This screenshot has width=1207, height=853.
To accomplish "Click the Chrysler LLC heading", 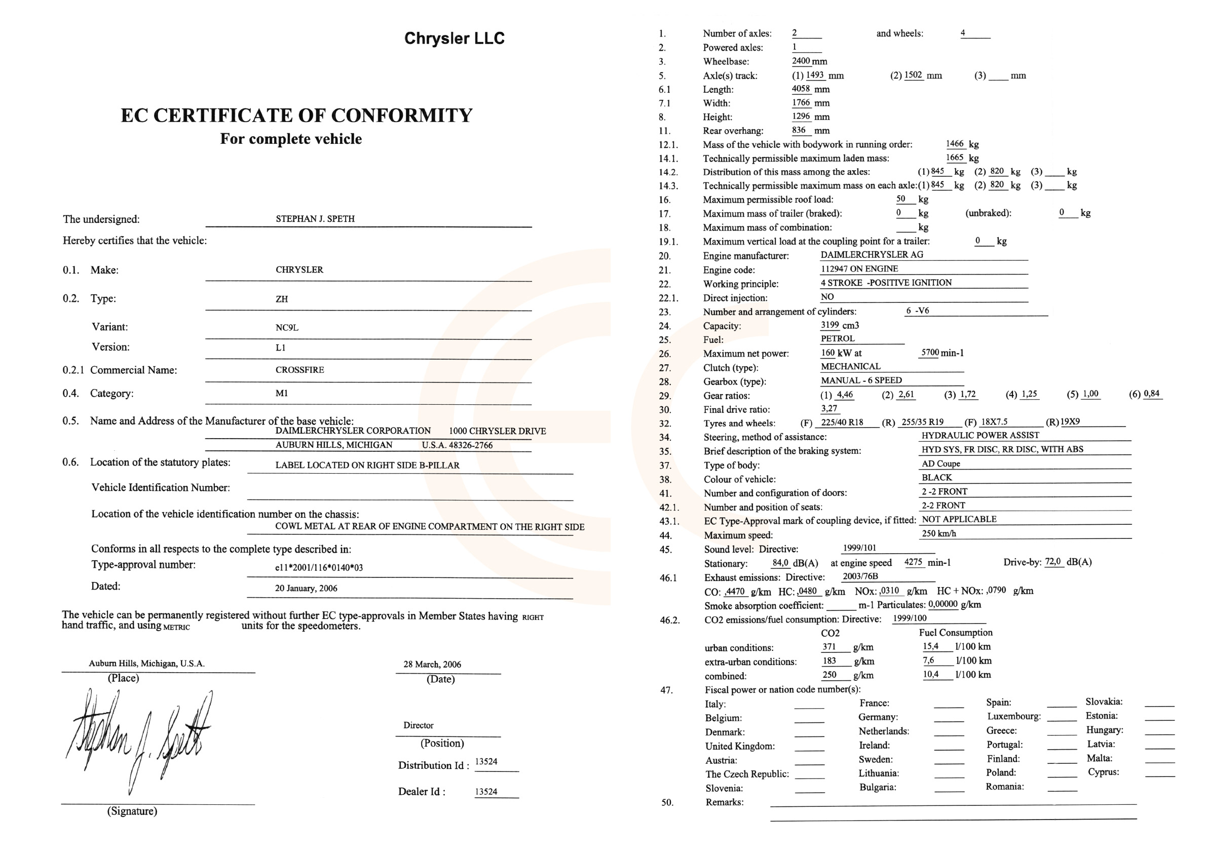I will [x=454, y=38].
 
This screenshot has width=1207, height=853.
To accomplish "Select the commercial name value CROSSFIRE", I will [x=299, y=370].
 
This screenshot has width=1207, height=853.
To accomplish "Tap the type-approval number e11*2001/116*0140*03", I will [x=319, y=568].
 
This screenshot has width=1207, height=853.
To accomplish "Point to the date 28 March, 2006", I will [x=432, y=665].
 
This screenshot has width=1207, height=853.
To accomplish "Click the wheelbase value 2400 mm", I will [x=809, y=61].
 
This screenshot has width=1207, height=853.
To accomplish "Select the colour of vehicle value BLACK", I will [x=936, y=477].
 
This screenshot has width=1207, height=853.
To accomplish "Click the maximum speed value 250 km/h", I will [x=938, y=533].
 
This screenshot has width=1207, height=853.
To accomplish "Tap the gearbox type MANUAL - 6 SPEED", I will [x=861, y=380].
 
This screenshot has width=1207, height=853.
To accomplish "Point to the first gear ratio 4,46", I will [x=845, y=394].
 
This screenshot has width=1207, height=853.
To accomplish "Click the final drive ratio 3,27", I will [x=829, y=408].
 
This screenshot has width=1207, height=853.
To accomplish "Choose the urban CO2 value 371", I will [x=829, y=646].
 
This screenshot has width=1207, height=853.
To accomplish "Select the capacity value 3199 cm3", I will [x=840, y=325].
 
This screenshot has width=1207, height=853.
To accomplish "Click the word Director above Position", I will [x=419, y=725].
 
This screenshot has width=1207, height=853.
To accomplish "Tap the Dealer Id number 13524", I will [x=486, y=792].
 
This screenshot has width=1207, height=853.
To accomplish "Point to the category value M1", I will [x=281, y=393].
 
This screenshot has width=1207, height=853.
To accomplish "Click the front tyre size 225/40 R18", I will [x=842, y=422].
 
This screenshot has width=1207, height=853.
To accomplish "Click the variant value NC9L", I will [x=286, y=327].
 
